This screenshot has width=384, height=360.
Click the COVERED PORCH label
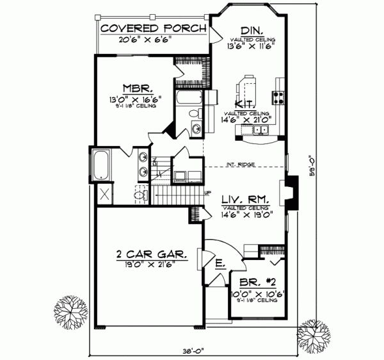click(153, 29)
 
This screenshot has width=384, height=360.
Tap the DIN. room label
click(250, 31)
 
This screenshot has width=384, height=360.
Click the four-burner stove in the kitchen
click(279, 98)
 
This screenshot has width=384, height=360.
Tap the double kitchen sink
click(260, 131)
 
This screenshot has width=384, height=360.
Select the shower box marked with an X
click(102, 194)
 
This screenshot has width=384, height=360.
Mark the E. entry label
click(219, 263)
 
